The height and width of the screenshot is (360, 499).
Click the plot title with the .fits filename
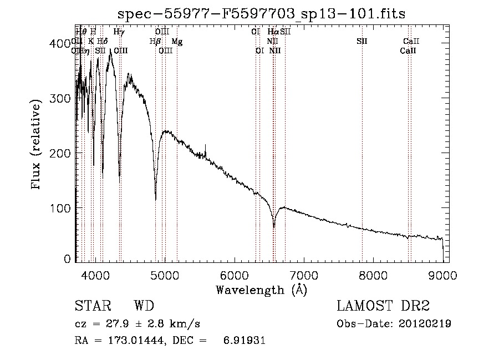(262, 14)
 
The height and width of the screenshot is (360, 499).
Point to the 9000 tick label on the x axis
(442, 275)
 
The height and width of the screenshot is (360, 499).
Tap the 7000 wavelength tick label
(303, 275)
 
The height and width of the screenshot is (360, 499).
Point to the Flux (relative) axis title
(37, 145)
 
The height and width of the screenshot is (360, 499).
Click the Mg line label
(176, 42)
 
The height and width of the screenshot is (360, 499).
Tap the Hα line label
(272, 32)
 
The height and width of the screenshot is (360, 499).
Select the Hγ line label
(119, 32)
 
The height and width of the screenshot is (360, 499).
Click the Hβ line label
(155, 42)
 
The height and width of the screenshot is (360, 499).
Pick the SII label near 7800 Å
(362, 42)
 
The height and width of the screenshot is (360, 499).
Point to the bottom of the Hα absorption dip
(274, 226)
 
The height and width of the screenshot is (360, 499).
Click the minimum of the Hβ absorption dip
(155, 199)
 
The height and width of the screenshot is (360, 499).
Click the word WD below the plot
(144, 306)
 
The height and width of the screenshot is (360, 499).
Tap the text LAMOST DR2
(383, 306)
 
